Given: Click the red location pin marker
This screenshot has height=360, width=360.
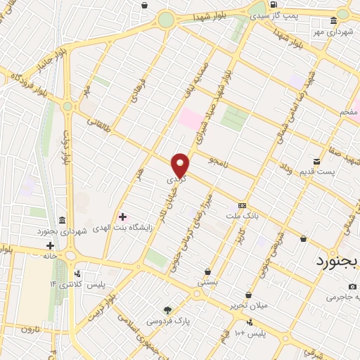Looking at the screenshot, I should (181, 164).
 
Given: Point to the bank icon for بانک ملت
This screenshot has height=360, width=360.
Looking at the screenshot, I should (242, 205).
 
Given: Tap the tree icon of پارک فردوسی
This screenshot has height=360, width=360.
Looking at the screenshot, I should (167, 310).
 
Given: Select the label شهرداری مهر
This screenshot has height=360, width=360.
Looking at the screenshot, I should (335, 32).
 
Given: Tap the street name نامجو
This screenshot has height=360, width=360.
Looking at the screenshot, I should (219, 161).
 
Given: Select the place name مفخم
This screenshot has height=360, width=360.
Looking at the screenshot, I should (349, 112).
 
